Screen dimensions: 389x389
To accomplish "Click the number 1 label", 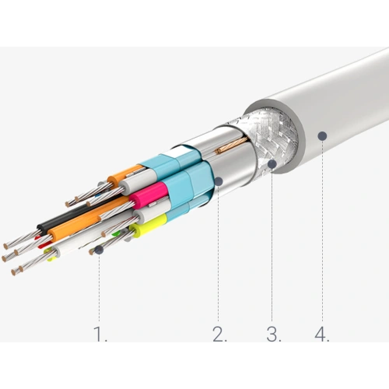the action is pyautogui.click(x=100, y=334).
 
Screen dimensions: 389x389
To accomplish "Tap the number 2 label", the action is pyautogui.click(x=219, y=334).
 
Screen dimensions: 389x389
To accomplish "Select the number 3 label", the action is pyautogui.click(x=274, y=334).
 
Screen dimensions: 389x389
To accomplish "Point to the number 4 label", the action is pyautogui.click(x=322, y=334).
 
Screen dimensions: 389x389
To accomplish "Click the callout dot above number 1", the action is pyautogui.click(x=99, y=250).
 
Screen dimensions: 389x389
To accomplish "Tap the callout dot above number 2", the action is pyautogui.click(x=219, y=181).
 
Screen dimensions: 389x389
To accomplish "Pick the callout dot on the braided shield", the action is pyautogui.click(x=272, y=163).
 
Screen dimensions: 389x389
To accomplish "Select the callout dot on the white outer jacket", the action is pyautogui.click(x=322, y=135).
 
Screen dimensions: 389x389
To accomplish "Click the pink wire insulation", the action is pyautogui.click(x=149, y=195).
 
